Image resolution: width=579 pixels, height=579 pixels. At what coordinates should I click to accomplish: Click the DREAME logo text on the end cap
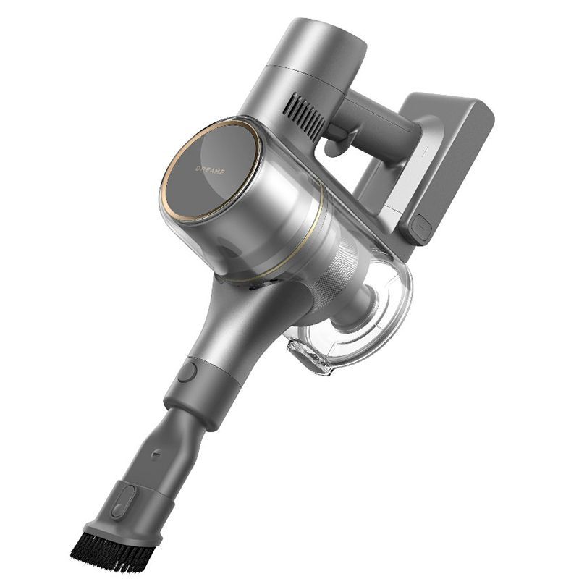tap(210, 170)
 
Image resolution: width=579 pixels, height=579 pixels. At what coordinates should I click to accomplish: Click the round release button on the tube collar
tap(187, 372)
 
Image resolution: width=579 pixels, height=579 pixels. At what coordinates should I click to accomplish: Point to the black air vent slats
tap(307, 115)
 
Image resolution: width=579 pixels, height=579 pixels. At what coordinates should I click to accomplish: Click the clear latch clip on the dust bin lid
tap(305, 355)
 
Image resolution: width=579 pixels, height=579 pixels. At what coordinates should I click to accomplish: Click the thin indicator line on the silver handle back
tap(426, 151)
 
